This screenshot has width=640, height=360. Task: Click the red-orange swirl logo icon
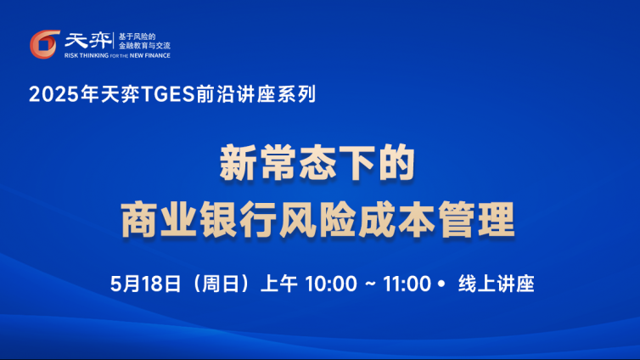tap(44, 44)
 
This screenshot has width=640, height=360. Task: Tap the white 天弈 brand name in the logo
tap(87, 41)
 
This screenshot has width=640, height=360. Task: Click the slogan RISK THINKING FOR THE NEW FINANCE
tap(117, 55)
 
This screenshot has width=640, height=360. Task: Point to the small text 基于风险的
tap(138, 37)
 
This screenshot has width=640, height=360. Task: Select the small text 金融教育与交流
tap(144, 46)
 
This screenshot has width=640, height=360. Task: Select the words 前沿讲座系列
tap(255, 94)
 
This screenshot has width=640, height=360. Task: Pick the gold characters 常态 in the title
tap(299, 162)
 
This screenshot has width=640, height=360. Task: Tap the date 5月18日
tap(146, 284)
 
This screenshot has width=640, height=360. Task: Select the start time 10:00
tap(331, 284)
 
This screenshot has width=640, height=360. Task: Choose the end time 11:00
tap(407, 284)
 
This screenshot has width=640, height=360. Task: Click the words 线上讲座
tap(496, 284)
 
